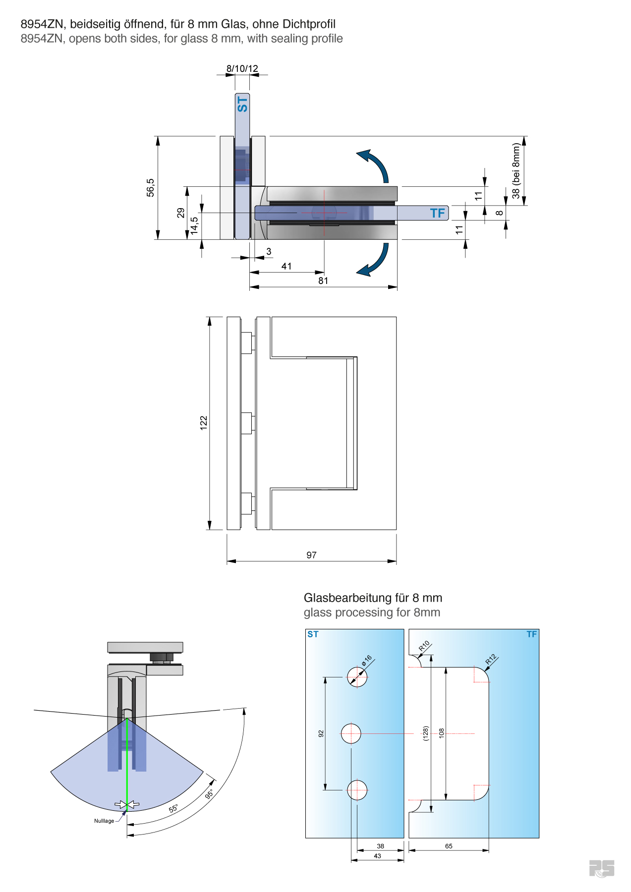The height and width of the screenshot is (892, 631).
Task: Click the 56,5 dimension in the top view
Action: click(150, 188)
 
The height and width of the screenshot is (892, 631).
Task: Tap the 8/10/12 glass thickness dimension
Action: click(242, 68)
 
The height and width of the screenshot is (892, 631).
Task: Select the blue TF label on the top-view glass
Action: click(437, 213)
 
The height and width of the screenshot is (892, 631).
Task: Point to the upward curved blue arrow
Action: click(375, 164)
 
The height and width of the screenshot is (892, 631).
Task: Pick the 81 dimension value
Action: click(323, 280)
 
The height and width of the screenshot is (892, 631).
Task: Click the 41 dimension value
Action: click(287, 266)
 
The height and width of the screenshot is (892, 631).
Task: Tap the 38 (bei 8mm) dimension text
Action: click(516, 171)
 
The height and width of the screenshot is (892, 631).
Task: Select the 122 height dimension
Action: click(204, 423)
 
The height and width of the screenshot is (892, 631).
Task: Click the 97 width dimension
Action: click(311, 555)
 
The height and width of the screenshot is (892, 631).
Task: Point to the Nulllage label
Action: click(104, 821)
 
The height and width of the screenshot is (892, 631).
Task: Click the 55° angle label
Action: click(173, 809)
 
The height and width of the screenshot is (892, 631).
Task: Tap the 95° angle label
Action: click(210, 794)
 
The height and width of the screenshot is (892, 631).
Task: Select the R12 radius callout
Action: click(491, 660)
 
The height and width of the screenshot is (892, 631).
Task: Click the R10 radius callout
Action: click(424, 646)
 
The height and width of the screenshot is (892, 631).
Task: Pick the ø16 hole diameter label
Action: click(366, 660)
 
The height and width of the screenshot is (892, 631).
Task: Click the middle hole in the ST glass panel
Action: click(351, 733)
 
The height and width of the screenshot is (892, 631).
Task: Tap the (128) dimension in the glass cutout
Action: click(425, 733)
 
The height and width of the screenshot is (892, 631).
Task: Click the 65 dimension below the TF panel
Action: click(449, 846)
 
